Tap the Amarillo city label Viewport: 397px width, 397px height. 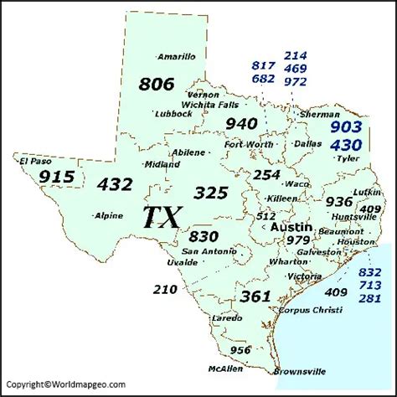click(x=177, y=57)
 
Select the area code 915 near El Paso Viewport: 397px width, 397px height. click(x=57, y=177)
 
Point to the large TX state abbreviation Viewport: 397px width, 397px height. click(x=159, y=218)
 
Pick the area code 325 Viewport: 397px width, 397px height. click(x=210, y=193)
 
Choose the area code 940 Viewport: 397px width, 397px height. click(x=241, y=124)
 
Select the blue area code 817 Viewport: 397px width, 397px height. click(x=262, y=65)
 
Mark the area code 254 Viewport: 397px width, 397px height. click(x=266, y=175)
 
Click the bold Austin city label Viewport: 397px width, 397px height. click(x=293, y=227)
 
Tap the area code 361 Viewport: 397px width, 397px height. click(x=255, y=296)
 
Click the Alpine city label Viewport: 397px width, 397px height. click(x=109, y=215)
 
